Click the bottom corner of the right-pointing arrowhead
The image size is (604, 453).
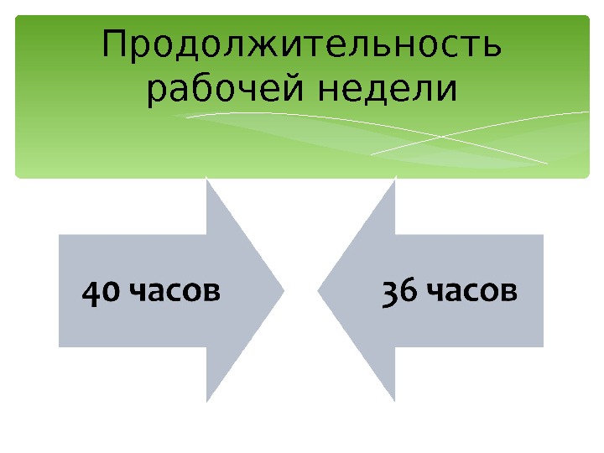point(207,402)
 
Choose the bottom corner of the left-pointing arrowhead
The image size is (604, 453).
point(395,402)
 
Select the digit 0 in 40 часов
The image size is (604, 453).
point(110,293)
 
